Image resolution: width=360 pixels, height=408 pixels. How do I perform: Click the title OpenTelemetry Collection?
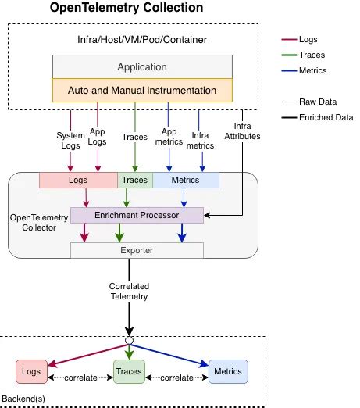(127, 9)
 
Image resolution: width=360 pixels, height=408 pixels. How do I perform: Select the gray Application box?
(142, 67)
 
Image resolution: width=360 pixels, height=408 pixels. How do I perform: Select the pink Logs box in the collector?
(78, 181)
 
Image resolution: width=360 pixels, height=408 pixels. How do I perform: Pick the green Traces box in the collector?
(134, 181)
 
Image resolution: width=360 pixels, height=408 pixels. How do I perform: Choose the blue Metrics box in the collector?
(185, 181)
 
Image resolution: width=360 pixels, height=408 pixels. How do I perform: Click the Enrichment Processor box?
(137, 214)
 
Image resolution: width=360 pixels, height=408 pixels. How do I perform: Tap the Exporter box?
(137, 250)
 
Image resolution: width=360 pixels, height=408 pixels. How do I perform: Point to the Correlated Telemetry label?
(128, 292)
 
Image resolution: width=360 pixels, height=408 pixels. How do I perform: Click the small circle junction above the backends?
(129, 340)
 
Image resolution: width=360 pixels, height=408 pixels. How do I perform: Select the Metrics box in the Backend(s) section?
(227, 370)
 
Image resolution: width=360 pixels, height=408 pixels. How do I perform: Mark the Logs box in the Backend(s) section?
(31, 370)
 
